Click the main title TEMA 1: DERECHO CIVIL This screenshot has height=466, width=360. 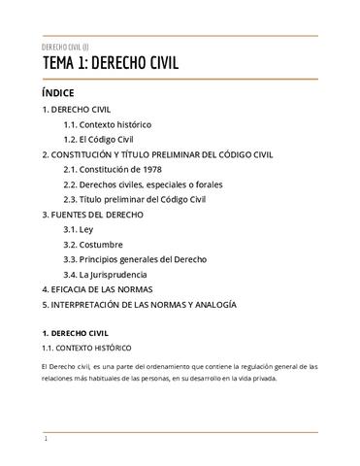tap(110, 65)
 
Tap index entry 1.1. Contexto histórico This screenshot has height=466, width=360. tap(107, 125)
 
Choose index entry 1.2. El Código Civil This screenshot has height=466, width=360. tap(98, 140)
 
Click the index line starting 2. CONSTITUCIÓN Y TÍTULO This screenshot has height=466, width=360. tap(157, 154)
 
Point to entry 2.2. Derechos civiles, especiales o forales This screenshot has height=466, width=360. tap(142, 184)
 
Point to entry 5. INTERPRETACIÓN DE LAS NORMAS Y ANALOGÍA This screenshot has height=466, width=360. tap(139, 304)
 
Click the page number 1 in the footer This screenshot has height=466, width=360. tap(46, 439)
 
